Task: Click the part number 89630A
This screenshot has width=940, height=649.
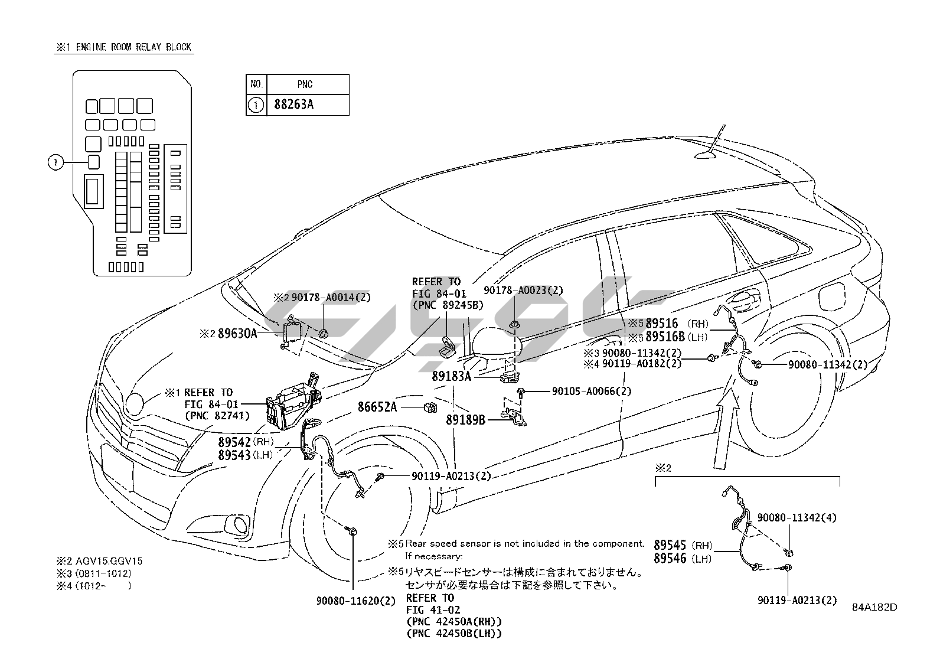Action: pos(237,334)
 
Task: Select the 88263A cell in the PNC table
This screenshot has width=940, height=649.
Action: pos(293,105)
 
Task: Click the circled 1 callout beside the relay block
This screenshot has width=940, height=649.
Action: pos(55,162)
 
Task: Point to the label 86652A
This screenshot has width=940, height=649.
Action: pos(377,407)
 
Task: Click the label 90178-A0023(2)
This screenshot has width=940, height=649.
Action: pos(523,290)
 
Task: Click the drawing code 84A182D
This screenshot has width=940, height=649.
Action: pos(874,606)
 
